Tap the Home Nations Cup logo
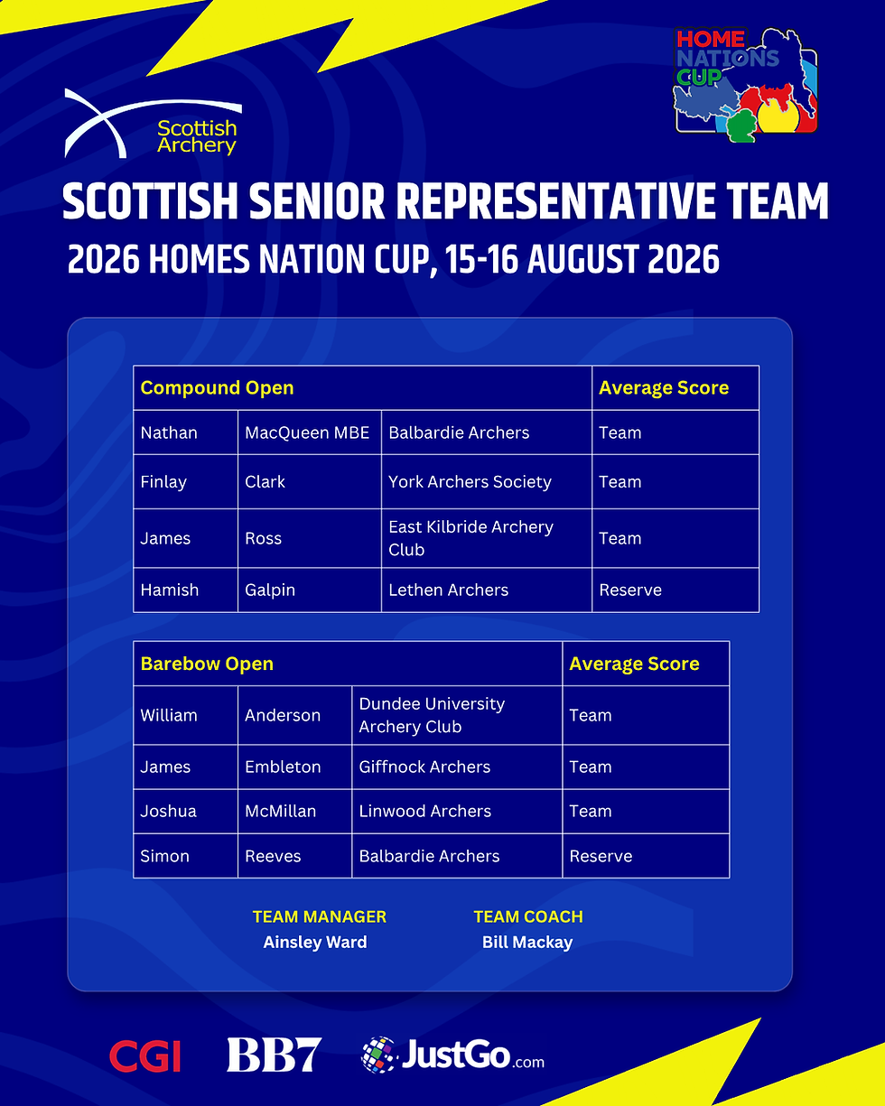(746, 85)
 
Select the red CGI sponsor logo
(145, 1056)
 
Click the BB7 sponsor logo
(275, 1055)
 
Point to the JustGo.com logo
(452, 1055)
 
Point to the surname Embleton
(283, 767)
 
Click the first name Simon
(164, 856)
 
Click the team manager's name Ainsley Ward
(315, 943)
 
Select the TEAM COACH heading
(528, 917)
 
